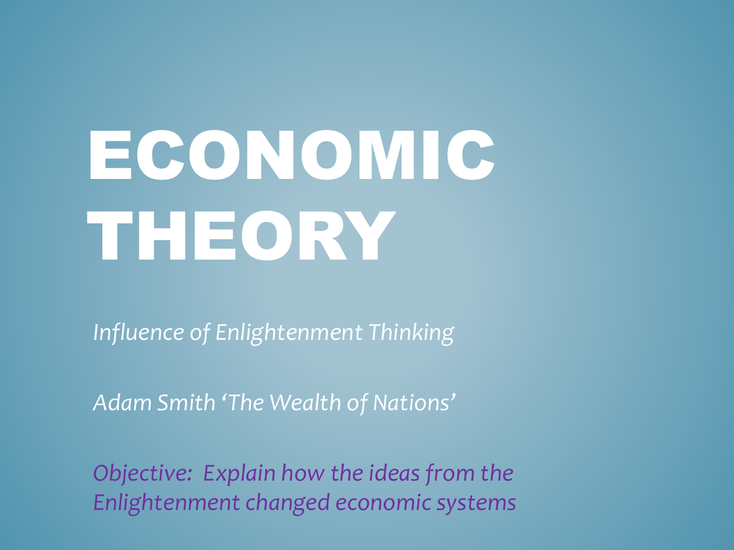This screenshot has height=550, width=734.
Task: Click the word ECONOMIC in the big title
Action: click(292, 155)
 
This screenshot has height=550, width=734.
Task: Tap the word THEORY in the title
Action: click(241, 236)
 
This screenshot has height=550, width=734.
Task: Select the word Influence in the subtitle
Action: click(138, 332)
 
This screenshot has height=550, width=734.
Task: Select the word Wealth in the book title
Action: click(305, 403)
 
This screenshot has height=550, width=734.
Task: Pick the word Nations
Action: click(412, 403)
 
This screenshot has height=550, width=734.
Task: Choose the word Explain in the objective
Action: click(239, 474)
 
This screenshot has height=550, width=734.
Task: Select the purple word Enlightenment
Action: click(166, 503)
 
